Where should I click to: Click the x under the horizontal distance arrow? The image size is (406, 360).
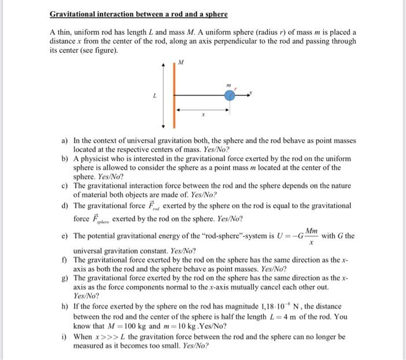pyautogui.click(x=202, y=115)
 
